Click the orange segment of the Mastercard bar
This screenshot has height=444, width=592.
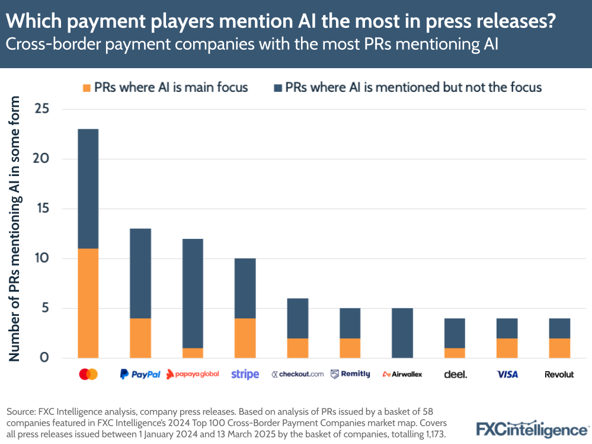[x=88, y=303]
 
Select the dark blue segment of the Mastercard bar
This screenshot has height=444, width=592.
[x=88, y=189]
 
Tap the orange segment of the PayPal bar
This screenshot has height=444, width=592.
[x=140, y=338]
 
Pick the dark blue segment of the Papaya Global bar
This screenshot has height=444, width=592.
[x=193, y=293]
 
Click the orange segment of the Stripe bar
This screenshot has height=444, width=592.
[x=245, y=338]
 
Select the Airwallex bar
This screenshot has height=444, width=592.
[x=402, y=333]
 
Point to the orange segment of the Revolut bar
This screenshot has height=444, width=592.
[x=559, y=348]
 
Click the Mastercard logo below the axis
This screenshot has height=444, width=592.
[x=88, y=374]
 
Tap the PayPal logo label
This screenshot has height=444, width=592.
[x=140, y=374]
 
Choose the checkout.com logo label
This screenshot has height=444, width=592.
[x=297, y=374]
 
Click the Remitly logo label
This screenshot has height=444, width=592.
[x=350, y=374]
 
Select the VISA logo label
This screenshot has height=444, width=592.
[x=507, y=374]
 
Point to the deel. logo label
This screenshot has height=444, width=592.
[x=455, y=374]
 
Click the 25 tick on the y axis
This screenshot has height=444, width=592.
[x=41, y=109]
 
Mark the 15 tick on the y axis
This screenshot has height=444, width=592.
[x=41, y=209]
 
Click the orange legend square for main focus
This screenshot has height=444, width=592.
[x=87, y=88]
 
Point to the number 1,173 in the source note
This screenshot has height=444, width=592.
[x=431, y=435]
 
